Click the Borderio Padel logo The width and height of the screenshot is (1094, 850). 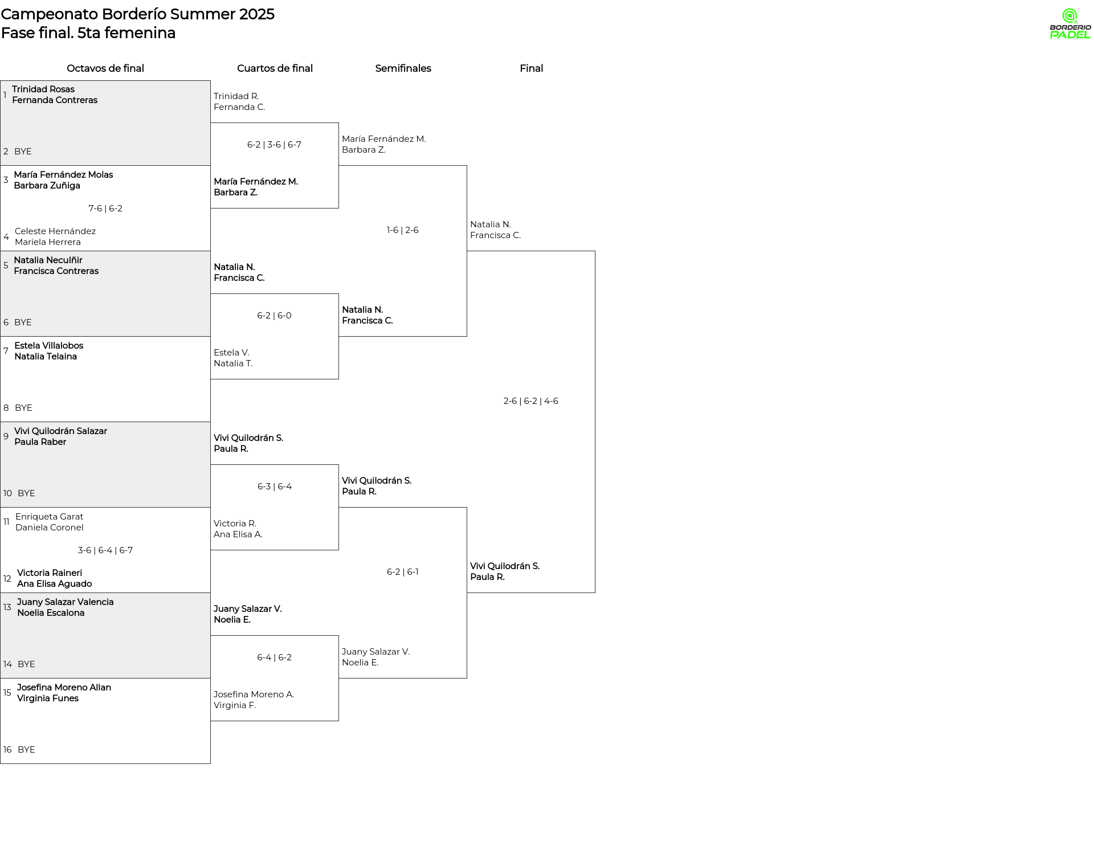1070,24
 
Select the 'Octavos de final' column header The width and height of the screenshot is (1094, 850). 105,68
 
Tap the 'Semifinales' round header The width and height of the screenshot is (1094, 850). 403,68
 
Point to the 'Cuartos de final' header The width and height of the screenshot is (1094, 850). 275,68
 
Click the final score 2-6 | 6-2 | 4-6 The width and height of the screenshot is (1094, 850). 530,401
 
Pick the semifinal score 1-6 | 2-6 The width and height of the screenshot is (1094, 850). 402,230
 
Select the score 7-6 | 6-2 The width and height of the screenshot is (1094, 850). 105,209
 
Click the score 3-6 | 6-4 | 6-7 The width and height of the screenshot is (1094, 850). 105,550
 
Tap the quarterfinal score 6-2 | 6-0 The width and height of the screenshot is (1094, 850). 274,316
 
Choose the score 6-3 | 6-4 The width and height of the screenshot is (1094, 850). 274,487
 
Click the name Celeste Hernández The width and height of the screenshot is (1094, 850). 55,231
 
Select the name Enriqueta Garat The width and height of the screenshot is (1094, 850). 50,517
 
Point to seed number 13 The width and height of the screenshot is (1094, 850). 7,607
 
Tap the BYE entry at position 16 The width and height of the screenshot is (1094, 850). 26,750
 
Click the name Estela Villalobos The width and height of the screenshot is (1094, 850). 48,346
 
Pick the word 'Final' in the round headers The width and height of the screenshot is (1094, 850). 531,68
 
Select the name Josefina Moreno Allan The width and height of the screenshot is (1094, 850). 64,688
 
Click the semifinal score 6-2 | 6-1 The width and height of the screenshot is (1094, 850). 402,572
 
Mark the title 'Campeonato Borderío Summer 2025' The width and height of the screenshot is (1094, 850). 137,14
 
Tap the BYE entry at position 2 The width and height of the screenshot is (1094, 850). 23,152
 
